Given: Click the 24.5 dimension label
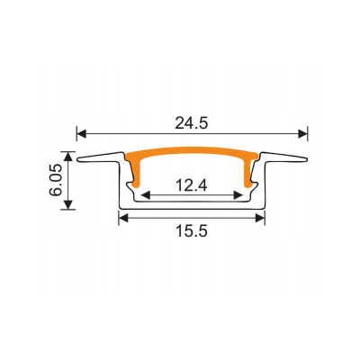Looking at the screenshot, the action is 192,123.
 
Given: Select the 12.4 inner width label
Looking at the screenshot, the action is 192,185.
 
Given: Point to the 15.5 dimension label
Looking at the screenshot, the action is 192,231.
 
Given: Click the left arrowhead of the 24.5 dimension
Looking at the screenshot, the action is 82,133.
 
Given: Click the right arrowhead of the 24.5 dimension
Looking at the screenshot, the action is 302,133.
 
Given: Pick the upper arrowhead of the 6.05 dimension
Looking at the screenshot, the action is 68,157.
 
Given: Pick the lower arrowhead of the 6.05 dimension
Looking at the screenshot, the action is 68,204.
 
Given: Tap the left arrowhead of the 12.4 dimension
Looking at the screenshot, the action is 146,195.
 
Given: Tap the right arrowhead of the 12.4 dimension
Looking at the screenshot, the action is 238,195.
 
